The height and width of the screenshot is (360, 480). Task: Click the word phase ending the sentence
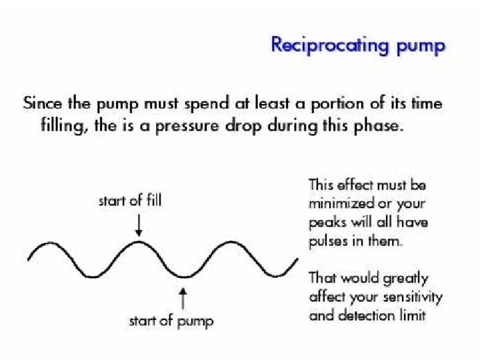pos(379,127)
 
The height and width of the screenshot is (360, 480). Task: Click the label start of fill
pos(129,199)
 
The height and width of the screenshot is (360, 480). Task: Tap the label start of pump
pos(171,321)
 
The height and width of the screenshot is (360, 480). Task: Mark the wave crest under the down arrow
pos(137,243)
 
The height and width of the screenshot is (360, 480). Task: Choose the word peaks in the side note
pos(327,222)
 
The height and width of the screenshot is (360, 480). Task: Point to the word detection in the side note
pos(363,315)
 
